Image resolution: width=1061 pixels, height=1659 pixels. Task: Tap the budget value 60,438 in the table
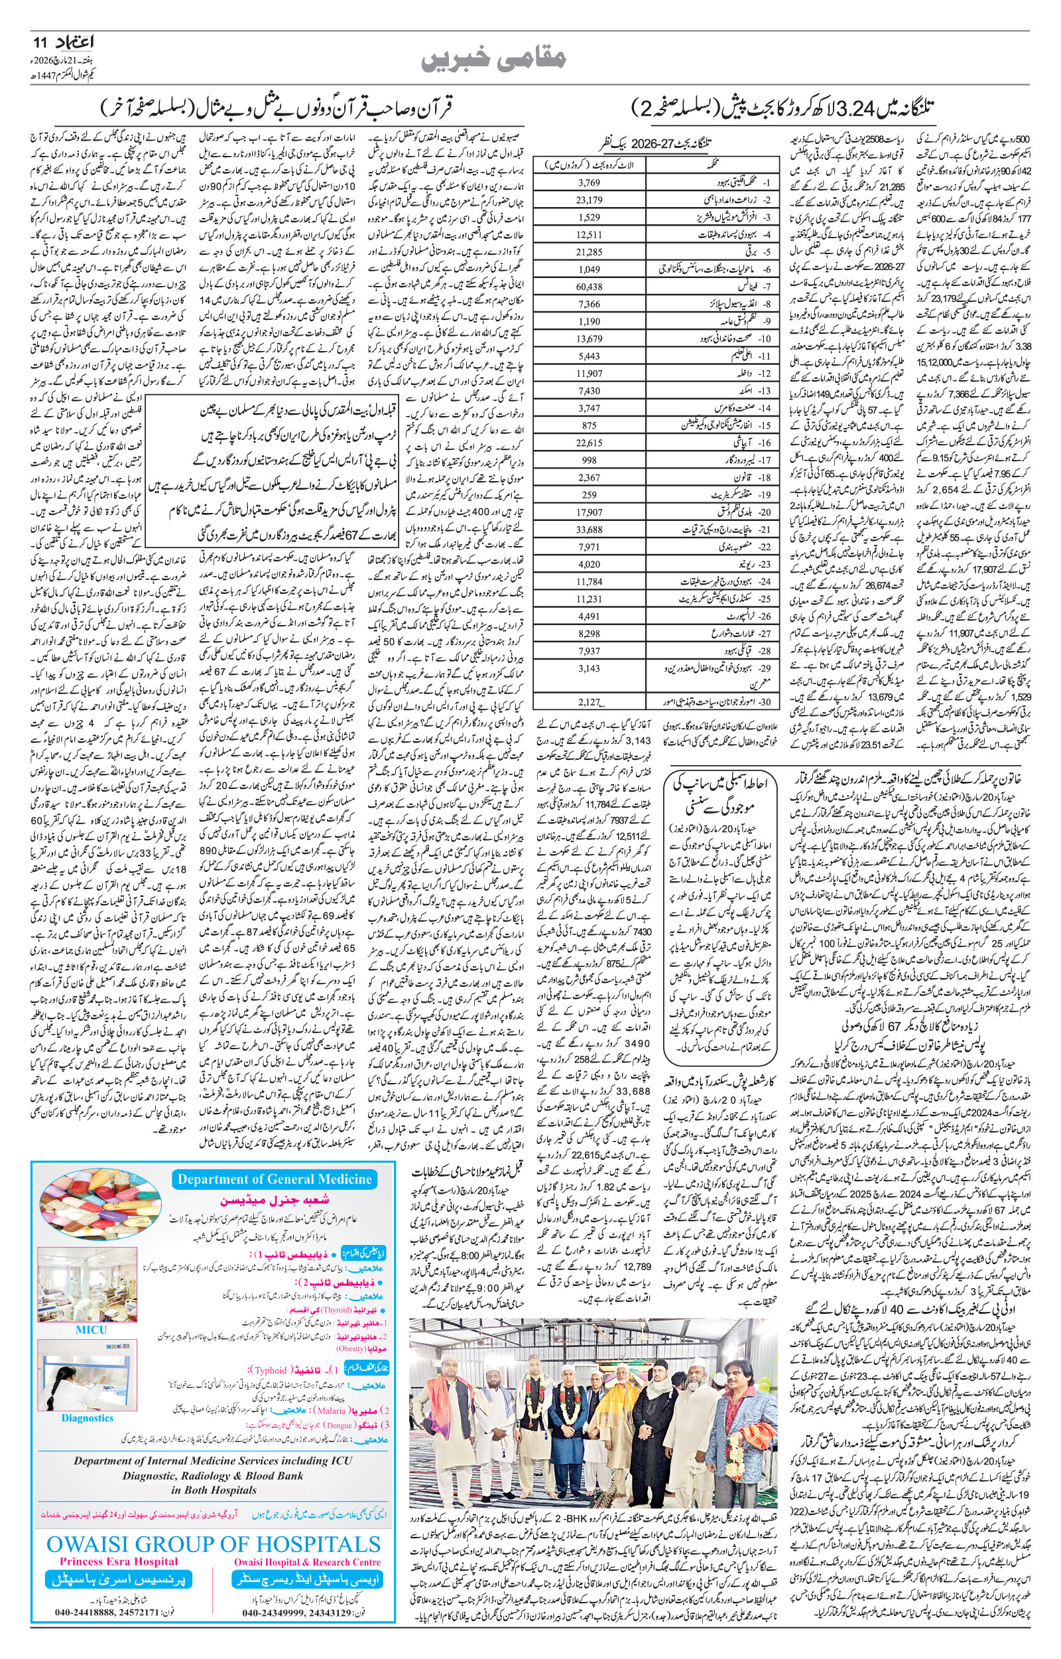point(590,286)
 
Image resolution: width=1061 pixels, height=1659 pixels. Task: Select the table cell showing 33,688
point(590,530)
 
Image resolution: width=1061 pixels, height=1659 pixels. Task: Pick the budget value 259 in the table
point(589,495)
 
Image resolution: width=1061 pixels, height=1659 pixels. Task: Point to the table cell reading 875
point(589,425)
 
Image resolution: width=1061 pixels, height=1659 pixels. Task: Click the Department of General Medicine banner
point(275,1179)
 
